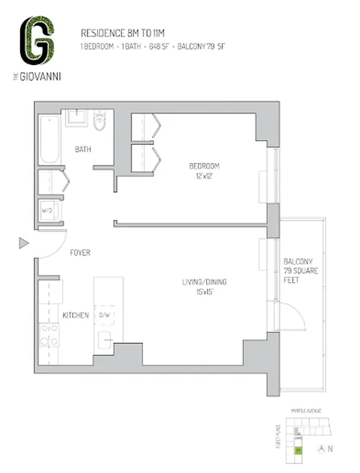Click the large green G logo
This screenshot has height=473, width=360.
pos(37,40)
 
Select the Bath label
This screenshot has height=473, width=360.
pos(83,150)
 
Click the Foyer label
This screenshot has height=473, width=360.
pos(80,253)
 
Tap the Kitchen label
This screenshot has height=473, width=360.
pos(76,315)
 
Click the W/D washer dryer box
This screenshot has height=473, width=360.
pos(48,210)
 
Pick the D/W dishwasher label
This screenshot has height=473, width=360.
pos(105,315)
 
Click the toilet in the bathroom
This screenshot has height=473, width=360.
pos(99,123)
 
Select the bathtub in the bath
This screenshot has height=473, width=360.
pos(50,140)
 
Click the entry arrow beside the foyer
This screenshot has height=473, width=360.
pos(24,243)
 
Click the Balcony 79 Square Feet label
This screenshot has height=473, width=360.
pos(299,270)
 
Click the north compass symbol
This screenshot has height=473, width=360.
pos(323,449)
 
